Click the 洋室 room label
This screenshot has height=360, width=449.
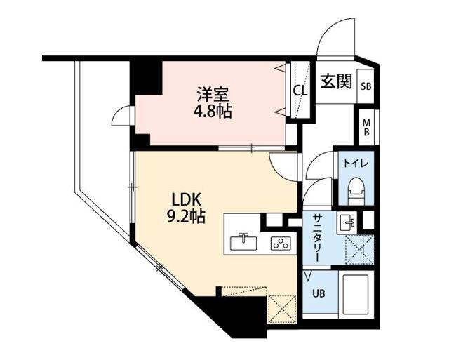pyautogui.click(x=213, y=94)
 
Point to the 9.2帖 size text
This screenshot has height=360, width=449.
pyautogui.click(x=185, y=217)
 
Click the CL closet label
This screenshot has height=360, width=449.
pyautogui.click(x=300, y=90)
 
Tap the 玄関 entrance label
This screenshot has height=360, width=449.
pyautogui.click(x=336, y=82)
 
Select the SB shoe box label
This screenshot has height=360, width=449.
pyautogui.click(x=366, y=87)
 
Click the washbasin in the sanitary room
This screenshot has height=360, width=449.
pyautogui.click(x=349, y=223)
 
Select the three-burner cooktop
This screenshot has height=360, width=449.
pyautogui.click(x=281, y=244)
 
